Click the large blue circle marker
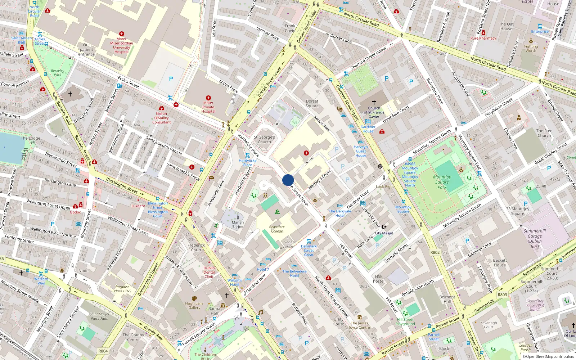288,180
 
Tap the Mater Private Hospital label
208,107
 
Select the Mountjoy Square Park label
442,182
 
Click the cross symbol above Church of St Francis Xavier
374,102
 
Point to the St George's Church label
264,139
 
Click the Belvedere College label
277,229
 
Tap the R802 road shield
435,252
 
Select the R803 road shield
502,294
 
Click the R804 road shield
103,351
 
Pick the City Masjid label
384,233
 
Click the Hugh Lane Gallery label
194,305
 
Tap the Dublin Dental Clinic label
209,272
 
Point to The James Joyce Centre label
359,325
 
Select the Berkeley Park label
58,73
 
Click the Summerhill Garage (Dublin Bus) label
535,238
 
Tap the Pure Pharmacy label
483,38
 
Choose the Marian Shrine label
238,224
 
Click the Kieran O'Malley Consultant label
161,118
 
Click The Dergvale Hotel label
340,213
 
